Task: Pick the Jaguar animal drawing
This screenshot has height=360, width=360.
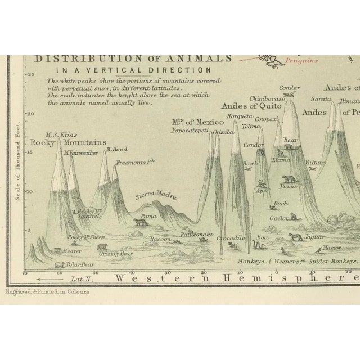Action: pos(294,237)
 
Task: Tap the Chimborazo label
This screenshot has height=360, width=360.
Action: pos(256,99)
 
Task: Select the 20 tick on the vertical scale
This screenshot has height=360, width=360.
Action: pos(32,113)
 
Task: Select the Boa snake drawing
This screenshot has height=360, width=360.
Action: pos(260,246)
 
